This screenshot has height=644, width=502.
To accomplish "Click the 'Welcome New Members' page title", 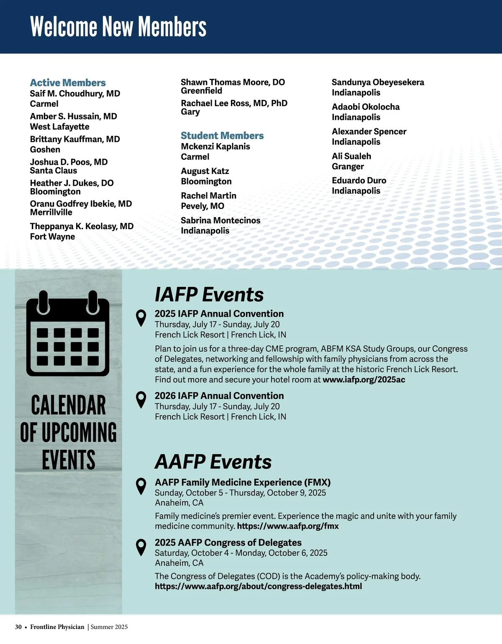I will pyautogui.click(x=118, y=27).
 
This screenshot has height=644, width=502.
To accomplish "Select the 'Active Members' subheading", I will pyautogui.click(x=68, y=83).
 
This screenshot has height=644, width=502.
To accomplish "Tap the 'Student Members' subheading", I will pyautogui.click(x=222, y=135).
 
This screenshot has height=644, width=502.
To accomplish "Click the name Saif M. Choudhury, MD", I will pyautogui.click(x=75, y=94).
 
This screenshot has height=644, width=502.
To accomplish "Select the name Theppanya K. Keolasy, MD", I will pyautogui.click(x=82, y=226).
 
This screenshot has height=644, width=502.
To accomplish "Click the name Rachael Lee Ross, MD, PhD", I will pyautogui.click(x=234, y=103).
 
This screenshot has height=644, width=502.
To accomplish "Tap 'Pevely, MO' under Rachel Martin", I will pyautogui.click(x=202, y=206).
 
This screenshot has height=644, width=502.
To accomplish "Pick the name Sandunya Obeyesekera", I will pyautogui.click(x=378, y=82).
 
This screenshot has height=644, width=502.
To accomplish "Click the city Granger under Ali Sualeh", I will pyautogui.click(x=348, y=166).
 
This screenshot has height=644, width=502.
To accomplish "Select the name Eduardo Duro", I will pyautogui.click(x=359, y=180).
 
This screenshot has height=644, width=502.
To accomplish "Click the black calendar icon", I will pyautogui.click(x=68, y=334).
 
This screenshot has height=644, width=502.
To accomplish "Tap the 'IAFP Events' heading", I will pyautogui.click(x=209, y=294).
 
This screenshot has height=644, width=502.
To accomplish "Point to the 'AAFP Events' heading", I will pyautogui.click(x=213, y=462).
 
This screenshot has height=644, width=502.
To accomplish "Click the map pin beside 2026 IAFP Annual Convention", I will pyautogui.click(x=141, y=400).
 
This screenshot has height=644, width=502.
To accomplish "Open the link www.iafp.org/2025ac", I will pyautogui.click(x=364, y=380).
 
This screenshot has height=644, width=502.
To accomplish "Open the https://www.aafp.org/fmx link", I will pyautogui.click(x=288, y=526).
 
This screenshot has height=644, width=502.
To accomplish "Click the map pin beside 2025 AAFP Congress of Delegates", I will pyautogui.click(x=141, y=547).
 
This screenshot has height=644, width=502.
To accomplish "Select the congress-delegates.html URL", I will pyautogui.click(x=258, y=586).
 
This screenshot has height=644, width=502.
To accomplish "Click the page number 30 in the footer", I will pyautogui.click(x=18, y=627).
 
